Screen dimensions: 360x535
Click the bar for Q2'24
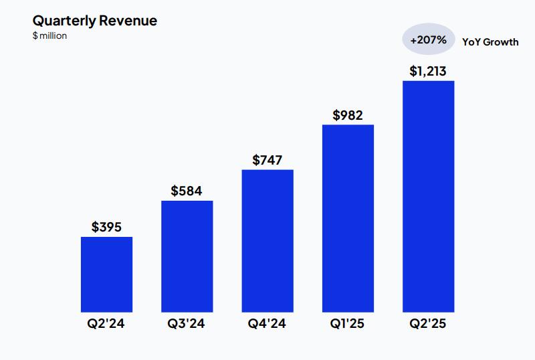pyautogui.click(x=106, y=274)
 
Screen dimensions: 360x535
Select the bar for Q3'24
pyautogui.click(x=187, y=256)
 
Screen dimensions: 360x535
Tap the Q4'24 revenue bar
pyautogui.click(x=267, y=241)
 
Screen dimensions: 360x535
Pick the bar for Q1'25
pyautogui.click(x=348, y=218)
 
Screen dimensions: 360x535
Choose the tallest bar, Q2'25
pyautogui.click(x=428, y=196)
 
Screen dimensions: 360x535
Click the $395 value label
pyautogui.click(x=106, y=228)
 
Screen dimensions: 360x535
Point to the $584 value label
pyautogui.click(x=187, y=191)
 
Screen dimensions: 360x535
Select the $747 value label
pyautogui.click(x=267, y=160)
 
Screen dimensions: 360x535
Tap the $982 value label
pyautogui.click(x=348, y=115)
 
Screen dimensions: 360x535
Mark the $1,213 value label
pyautogui.click(x=428, y=71)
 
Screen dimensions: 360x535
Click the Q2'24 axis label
pyautogui.click(x=106, y=325)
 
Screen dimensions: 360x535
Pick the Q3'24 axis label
pyautogui.click(x=187, y=325)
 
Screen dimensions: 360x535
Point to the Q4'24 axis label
pyautogui.click(x=267, y=325)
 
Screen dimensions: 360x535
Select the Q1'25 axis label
pyautogui.click(x=348, y=325)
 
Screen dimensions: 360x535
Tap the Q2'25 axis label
pyautogui.click(x=428, y=325)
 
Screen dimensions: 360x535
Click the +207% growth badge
pyautogui.click(x=428, y=40)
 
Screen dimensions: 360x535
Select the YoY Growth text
pyautogui.click(x=490, y=41)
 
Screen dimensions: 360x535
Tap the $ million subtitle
pyautogui.click(x=49, y=35)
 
